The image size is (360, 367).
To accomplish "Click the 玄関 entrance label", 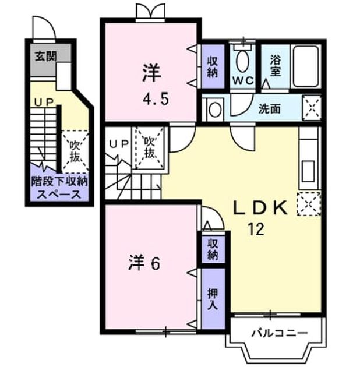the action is tap(46, 56).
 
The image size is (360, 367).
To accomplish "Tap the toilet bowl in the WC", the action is tap(243, 61).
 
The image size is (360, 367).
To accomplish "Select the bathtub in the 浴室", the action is tap(306, 66).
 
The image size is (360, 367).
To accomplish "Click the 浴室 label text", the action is tap(276, 66).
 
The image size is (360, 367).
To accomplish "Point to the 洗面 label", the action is tap(269, 109).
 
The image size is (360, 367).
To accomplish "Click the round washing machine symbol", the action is tap(215, 110).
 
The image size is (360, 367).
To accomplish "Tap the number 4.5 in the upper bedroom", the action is tap(156, 100).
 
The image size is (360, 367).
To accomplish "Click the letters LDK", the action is tap(260, 207).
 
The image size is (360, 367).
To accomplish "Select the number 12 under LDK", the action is tap(256, 229).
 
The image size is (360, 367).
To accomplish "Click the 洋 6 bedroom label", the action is tap(144, 263).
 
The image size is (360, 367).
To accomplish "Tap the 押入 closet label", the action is tap(213, 299).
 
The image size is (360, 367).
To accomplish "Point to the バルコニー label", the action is tap(280, 333).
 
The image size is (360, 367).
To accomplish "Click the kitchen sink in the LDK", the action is tap(308, 171).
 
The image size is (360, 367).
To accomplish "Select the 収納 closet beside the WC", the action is tap(213, 67).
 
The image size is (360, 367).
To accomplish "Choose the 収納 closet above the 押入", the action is tap(213, 249).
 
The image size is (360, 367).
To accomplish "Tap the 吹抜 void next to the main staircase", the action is tap(150, 147).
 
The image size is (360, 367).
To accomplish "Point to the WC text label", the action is tap(243, 81).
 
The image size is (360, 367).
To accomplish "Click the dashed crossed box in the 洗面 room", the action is tap(312, 108).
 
